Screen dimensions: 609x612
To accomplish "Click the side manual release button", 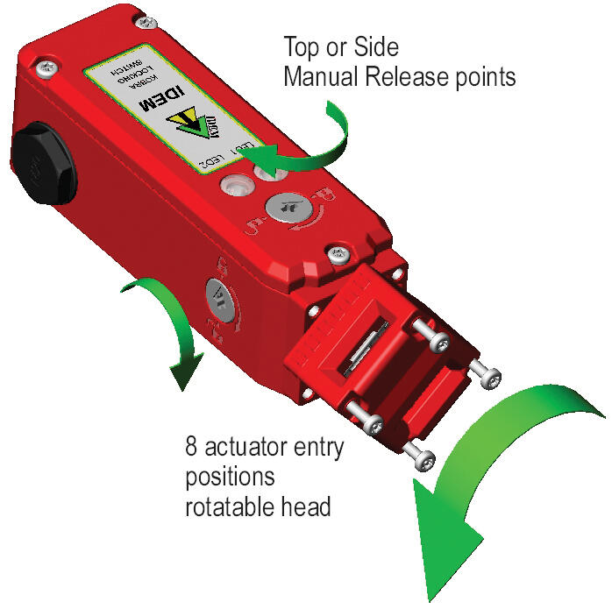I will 219,299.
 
